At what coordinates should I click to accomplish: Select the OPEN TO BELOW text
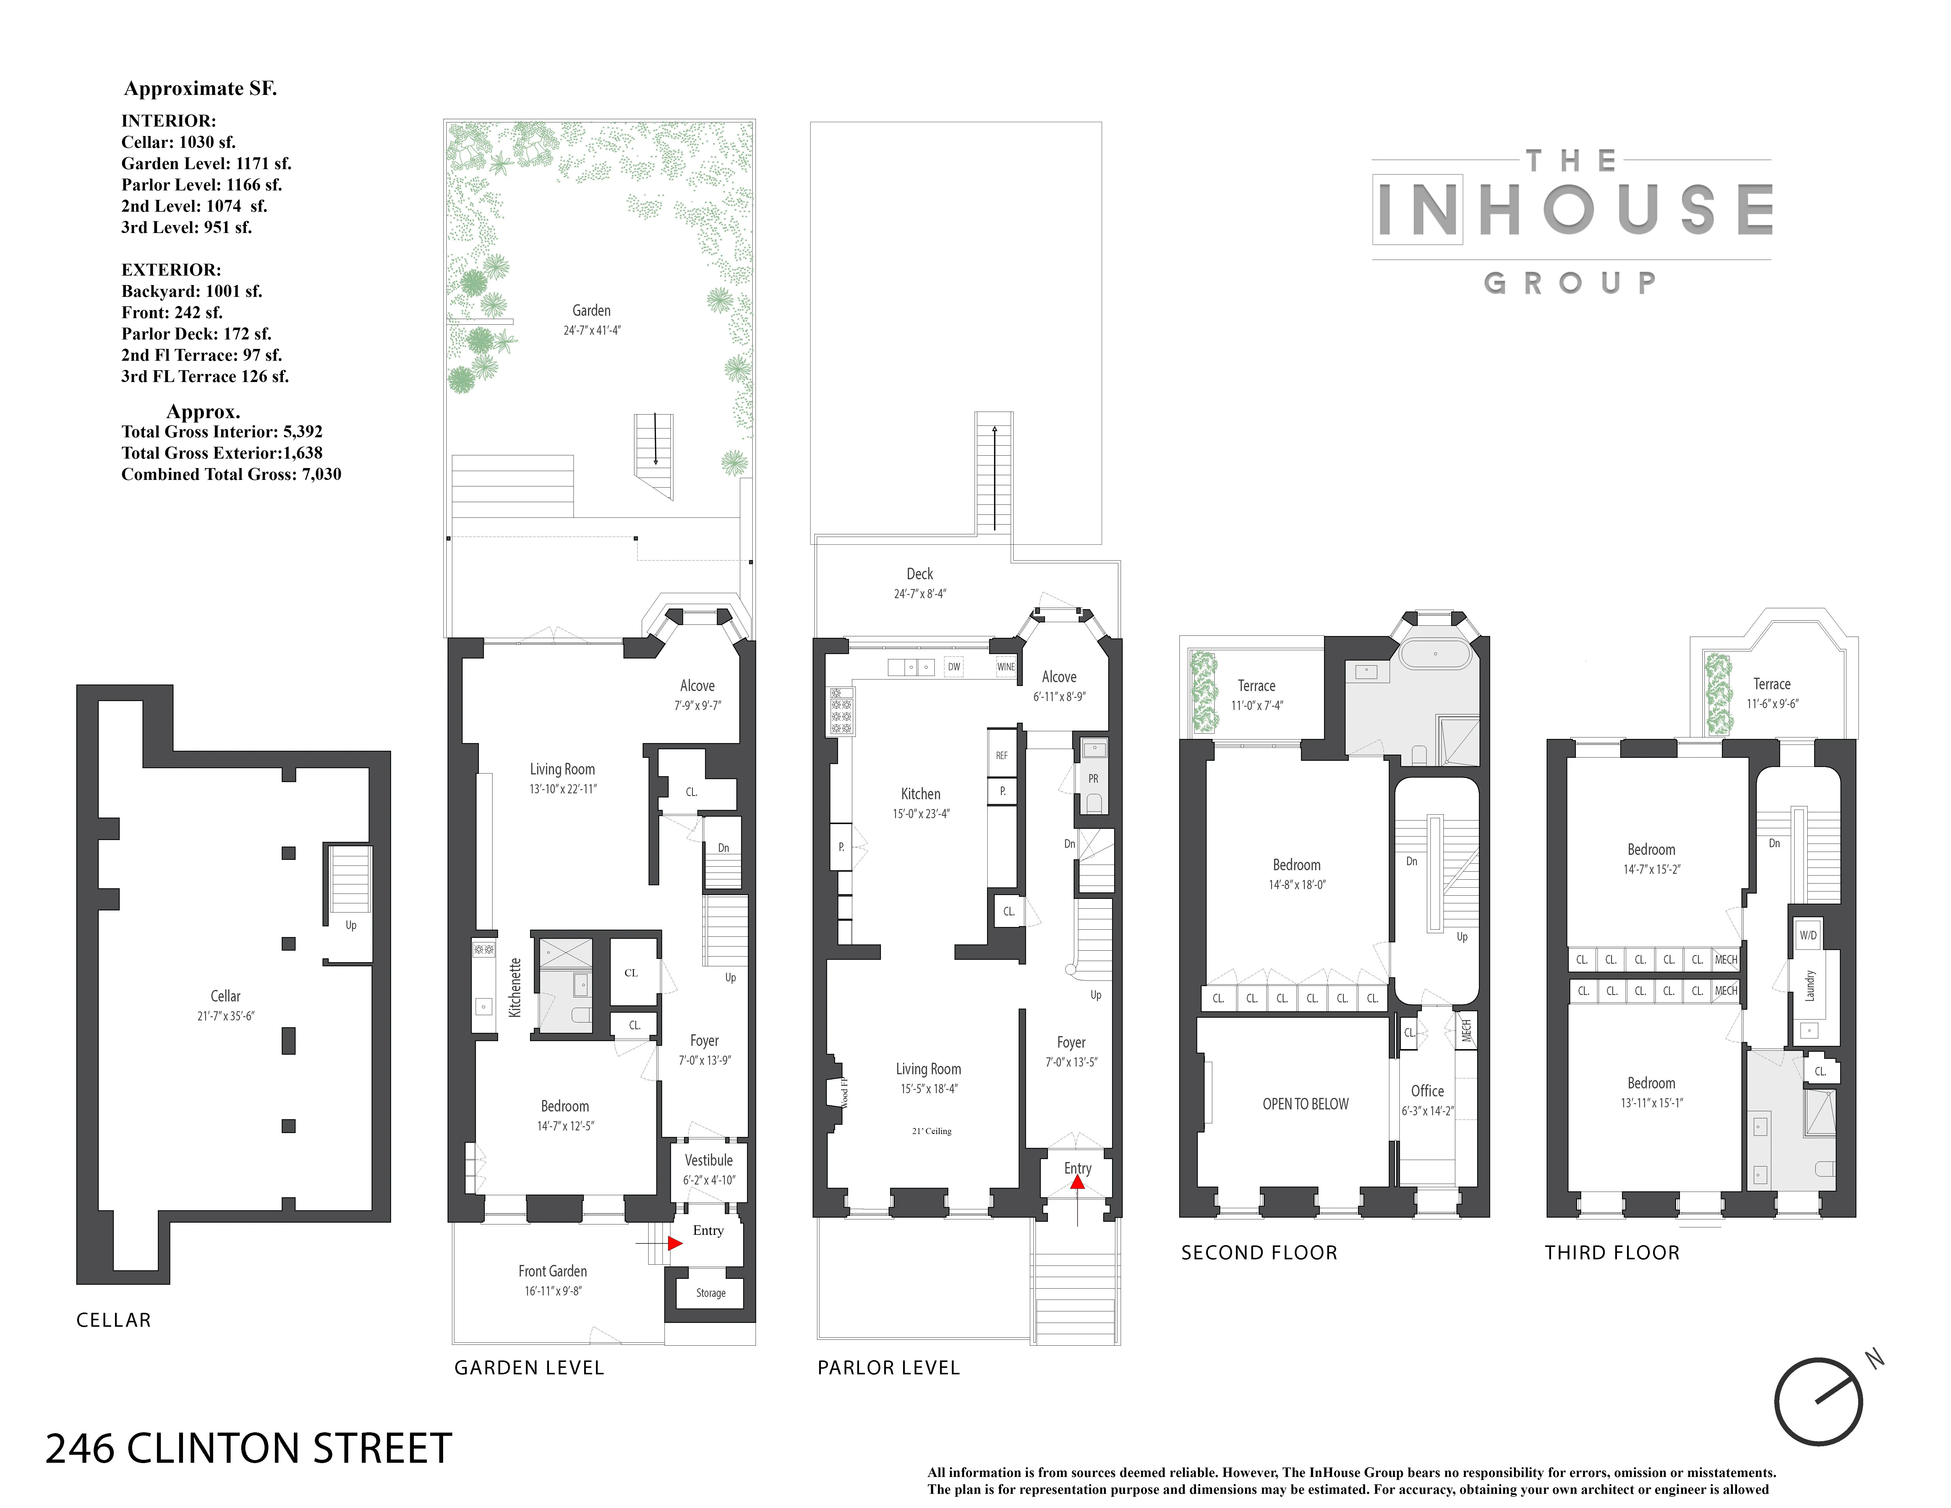tap(1305, 1104)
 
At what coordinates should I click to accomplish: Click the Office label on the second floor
tap(1427, 1091)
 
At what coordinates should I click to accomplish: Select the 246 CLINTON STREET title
tap(248, 1448)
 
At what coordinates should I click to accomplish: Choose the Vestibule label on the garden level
tap(708, 1161)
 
